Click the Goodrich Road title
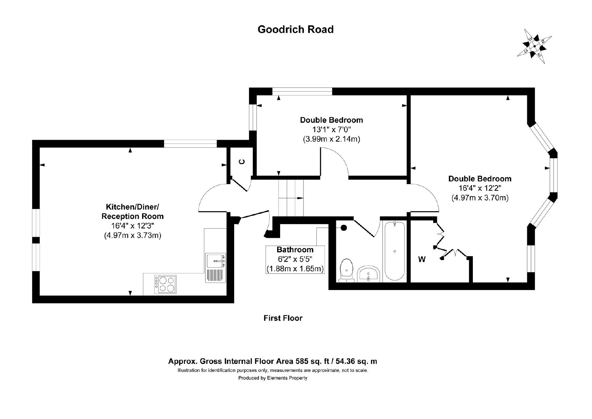(x=296, y=29)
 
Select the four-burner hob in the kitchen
(x=165, y=284)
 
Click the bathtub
(x=394, y=251)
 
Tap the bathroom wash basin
(x=369, y=274)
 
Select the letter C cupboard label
(x=242, y=162)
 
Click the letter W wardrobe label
(x=422, y=259)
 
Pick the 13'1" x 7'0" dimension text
(x=332, y=130)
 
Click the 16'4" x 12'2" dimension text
(x=480, y=188)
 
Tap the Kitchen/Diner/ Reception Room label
(x=133, y=211)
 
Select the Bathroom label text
(x=295, y=250)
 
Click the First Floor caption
(x=283, y=318)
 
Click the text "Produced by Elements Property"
(x=273, y=378)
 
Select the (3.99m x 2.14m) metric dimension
(x=332, y=139)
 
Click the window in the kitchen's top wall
(x=190, y=144)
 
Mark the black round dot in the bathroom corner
(x=344, y=227)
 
